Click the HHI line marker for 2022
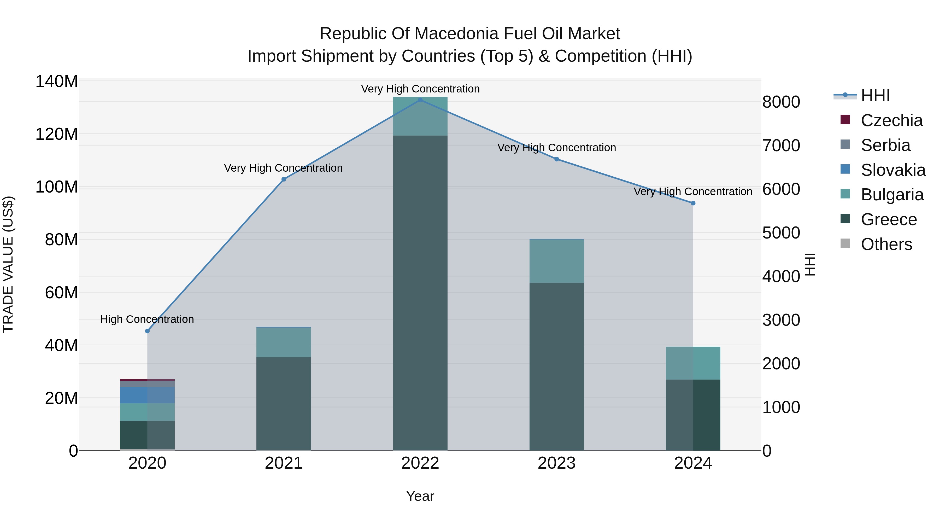(420, 100)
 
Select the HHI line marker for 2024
(693, 203)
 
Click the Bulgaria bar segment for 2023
(556, 261)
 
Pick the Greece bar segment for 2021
(284, 403)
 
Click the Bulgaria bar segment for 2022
(420, 117)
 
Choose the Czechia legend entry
(891, 120)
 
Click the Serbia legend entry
(885, 145)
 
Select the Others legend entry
(886, 244)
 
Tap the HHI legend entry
(875, 96)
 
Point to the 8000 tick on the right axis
(781, 102)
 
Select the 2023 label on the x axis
(556, 463)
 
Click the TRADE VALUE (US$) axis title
(8, 264)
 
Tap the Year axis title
(420, 496)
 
